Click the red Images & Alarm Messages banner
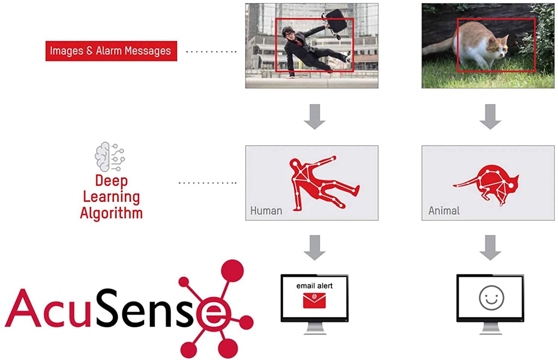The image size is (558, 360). coord(111,51)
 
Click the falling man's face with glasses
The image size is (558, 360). coord(289,34)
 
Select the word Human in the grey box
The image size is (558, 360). coord(266,211)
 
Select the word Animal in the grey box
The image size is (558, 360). coord(444,211)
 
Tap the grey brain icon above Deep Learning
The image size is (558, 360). coord(110,157)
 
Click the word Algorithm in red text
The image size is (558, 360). coord(111,214)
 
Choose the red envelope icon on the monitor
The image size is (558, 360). coord(314,300)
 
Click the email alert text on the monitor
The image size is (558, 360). coord(314,286)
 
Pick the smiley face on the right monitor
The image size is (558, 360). coord(491,298)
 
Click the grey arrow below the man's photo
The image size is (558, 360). coord(315,117)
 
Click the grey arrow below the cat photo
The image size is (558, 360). coord(490,117)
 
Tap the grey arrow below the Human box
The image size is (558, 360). coord(315,248)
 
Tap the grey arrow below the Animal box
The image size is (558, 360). coord(490,248)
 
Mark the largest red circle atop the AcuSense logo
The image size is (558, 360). coord(232,271)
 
